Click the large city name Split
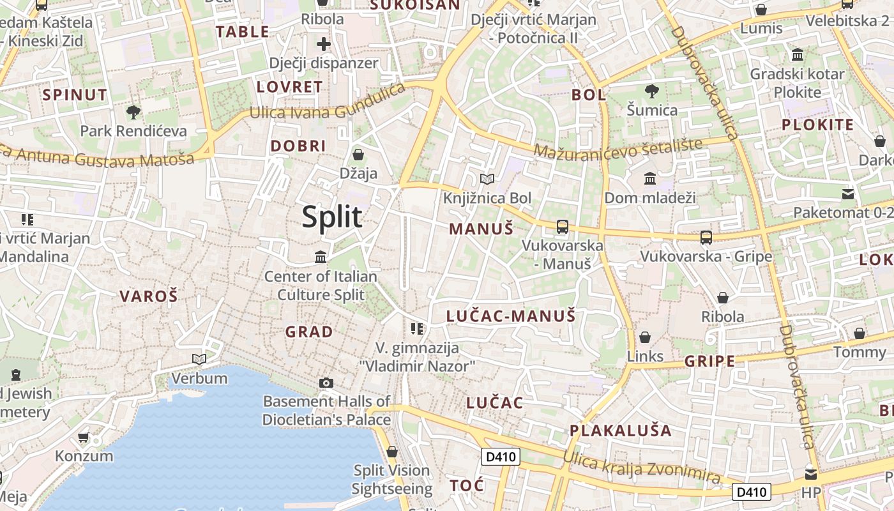332,217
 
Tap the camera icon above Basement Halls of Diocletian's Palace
326,383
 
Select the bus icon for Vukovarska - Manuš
562,226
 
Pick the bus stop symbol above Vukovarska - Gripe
706,238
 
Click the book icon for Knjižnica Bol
487,179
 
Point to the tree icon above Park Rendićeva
133,112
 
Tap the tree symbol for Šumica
651,91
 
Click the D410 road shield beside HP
751,492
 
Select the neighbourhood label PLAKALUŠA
620,431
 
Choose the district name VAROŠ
149,296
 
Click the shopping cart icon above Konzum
84,438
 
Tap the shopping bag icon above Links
645,337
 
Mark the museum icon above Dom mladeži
650,178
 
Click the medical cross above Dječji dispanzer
324,44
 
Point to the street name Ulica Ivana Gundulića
328,104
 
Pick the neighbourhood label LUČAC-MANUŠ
511,316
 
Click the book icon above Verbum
199,359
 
